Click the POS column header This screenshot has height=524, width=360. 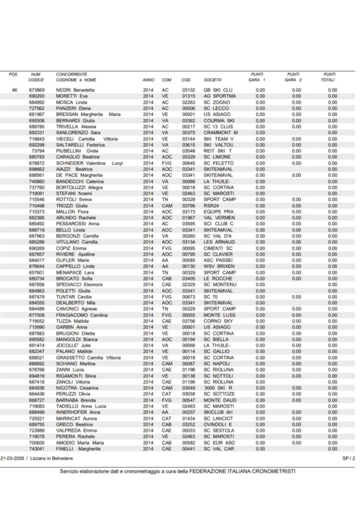(13, 75)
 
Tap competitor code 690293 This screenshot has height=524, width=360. (37, 96)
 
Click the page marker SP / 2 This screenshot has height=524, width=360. (348, 459)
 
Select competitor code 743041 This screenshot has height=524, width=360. (37, 449)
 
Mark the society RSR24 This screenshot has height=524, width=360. (211, 206)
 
